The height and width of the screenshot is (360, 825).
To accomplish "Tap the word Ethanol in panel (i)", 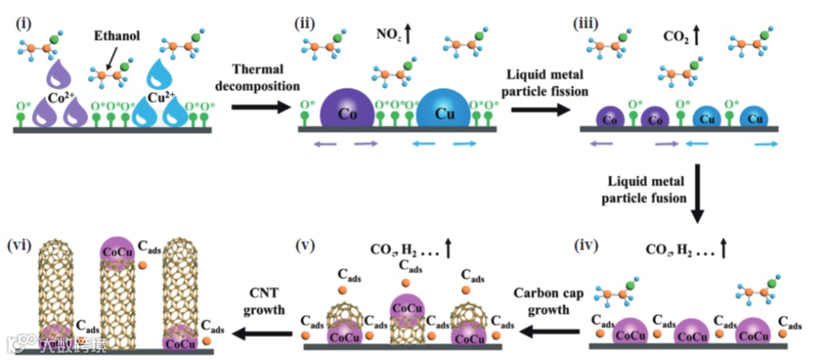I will point(115,36).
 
